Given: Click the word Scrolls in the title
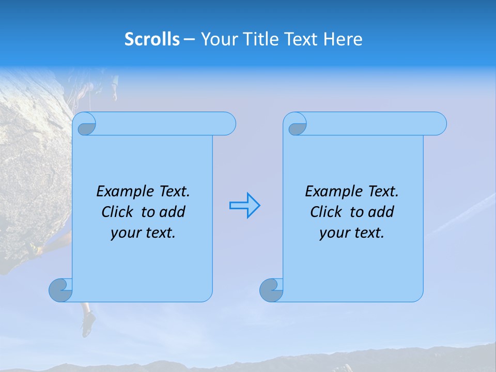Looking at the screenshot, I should point(152,39).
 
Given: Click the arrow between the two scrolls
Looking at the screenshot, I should point(244,206).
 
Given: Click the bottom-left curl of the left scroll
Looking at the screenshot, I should point(60,290).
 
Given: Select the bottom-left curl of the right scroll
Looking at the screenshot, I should point(271,290).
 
